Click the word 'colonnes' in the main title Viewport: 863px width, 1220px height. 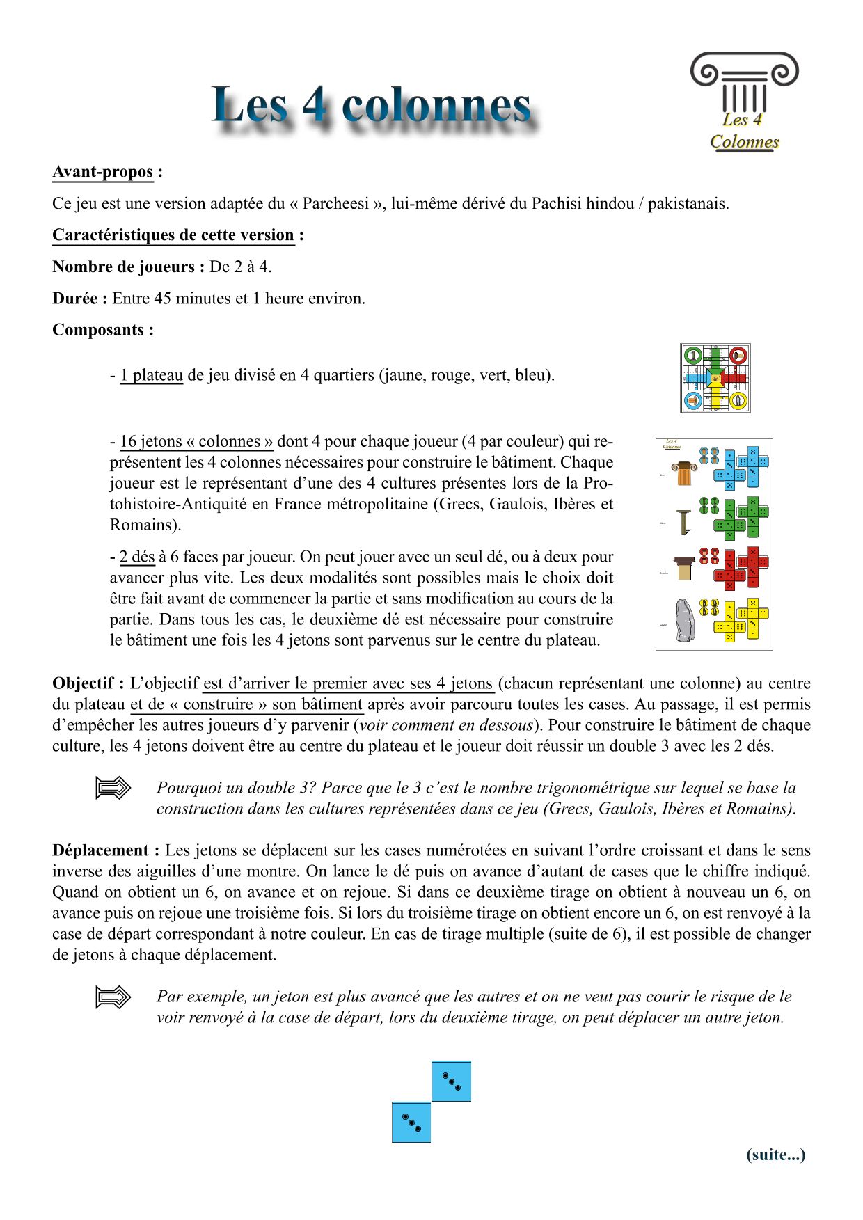click(436, 106)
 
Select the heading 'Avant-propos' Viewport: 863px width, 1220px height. click(103, 172)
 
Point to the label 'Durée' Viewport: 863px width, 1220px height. click(79, 299)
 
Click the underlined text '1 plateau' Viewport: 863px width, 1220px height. click(151, 375)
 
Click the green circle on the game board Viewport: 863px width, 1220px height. click(692, 356)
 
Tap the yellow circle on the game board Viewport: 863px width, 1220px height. click(738, 401)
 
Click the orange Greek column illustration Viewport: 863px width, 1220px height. click(684, 473)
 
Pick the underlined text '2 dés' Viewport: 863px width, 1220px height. click(136, 557)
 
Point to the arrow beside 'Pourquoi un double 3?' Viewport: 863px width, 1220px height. click(113, 788)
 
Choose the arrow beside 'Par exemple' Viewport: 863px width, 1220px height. click(113, 997)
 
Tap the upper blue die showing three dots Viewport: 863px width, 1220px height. click(451, 1081)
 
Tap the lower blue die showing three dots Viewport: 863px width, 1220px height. click(411, 1122)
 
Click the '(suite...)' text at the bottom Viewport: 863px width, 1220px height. click(775, 1155)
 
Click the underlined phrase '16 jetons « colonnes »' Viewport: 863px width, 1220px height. click(196, 442)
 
